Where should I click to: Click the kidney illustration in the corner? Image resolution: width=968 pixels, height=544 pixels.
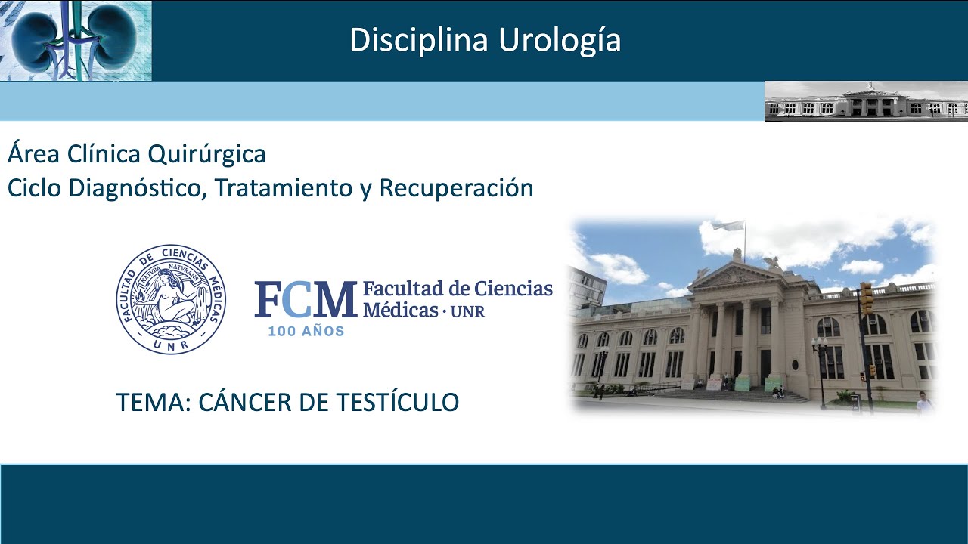76,40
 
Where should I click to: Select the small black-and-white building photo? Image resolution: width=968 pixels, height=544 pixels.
866,101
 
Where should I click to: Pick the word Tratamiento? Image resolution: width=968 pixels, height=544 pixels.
283,188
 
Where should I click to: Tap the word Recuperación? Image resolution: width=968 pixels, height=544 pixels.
456,188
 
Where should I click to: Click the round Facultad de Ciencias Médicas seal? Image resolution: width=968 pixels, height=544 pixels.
171,299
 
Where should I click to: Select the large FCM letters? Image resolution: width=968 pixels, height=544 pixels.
305,300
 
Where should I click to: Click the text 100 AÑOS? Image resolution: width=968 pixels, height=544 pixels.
306,331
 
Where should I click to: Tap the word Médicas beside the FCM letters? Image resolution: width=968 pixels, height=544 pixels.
400,310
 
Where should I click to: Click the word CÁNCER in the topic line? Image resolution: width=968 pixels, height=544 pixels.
245,403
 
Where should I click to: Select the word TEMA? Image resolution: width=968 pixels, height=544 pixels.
153,403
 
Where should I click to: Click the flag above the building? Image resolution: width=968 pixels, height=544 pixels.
728,226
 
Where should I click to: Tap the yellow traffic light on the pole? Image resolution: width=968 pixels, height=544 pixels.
866,298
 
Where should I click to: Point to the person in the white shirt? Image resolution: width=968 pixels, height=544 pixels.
923,402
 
